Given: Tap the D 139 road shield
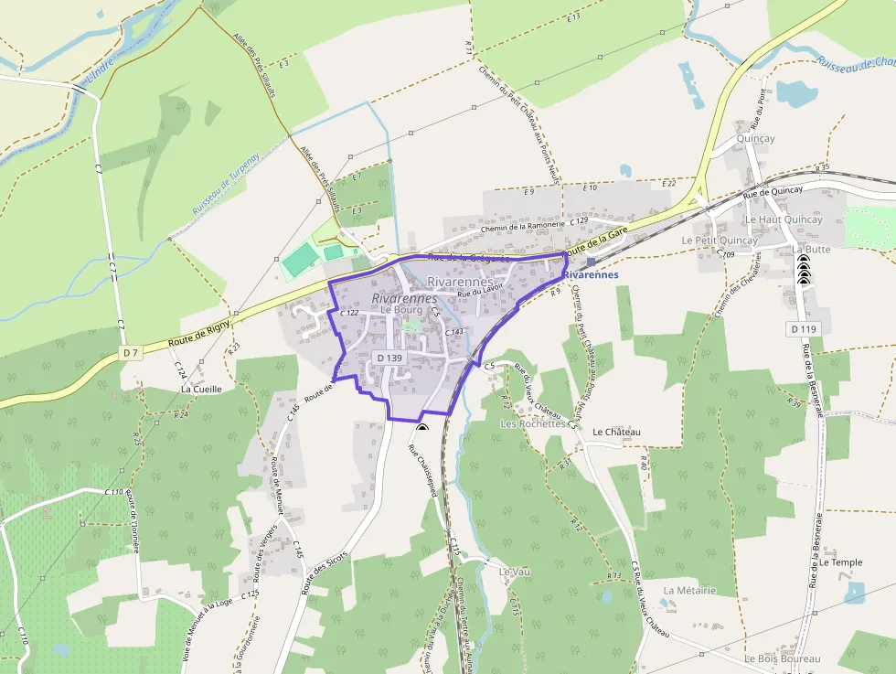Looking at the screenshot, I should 389,358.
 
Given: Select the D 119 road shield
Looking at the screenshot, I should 804,328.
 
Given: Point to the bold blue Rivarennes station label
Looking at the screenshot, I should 591,274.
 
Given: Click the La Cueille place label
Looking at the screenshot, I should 201,388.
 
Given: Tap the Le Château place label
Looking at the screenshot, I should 617,432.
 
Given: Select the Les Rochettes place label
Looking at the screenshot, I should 532,424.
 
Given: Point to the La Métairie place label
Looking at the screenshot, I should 689,590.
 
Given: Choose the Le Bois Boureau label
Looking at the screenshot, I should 782,658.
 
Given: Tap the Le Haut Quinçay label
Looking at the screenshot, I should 783,219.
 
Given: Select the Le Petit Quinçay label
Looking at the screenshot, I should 720,240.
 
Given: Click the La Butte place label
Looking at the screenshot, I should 812,249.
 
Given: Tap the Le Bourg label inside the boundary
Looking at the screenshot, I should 400,311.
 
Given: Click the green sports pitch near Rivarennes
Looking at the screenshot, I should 300,262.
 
